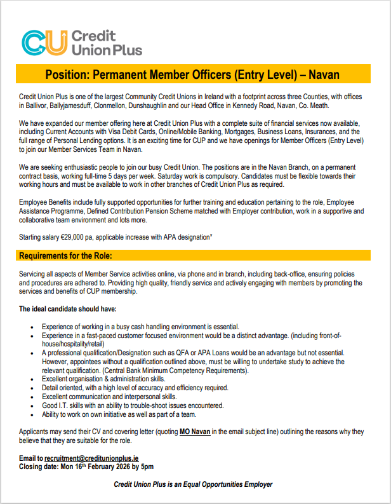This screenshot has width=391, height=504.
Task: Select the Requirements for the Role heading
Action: click(x=65, y=255)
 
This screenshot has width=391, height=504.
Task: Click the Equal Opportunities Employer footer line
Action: click(x=192, y=484)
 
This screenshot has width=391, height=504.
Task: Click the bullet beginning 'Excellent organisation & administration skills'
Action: click(x=103, y=379)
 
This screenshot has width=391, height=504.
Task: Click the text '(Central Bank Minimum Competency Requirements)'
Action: click(x=161, y=371)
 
